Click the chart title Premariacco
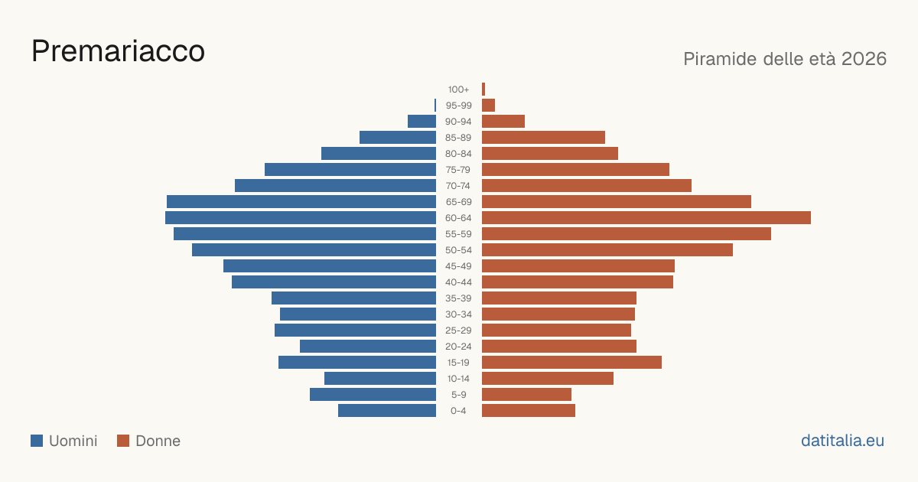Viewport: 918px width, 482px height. pos(118,51)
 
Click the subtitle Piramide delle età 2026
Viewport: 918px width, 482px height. pos(785,59)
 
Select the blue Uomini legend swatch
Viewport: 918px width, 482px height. pos(37,441)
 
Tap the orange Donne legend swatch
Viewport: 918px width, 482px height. pos(123,441)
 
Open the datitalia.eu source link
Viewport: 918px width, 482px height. pos(842,441)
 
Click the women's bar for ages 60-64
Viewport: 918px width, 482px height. pos(646,217)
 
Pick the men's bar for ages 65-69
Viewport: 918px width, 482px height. pos(301,202)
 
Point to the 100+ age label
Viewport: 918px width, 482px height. pos(458,90)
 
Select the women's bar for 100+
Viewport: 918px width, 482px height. pos(483,90)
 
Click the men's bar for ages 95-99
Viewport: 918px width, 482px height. pos(435,106)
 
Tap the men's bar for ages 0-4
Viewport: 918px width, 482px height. pos(387,411)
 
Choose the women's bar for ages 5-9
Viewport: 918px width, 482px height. pos(526,395)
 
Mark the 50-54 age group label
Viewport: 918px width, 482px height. pos(458,250)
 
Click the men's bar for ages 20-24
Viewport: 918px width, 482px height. pos(368,347)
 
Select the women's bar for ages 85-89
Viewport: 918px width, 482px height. pos(543,137)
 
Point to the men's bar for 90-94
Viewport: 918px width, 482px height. pos(422,122)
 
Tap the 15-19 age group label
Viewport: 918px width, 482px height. pos(458,363)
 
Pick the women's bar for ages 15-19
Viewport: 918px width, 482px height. pos(571,363)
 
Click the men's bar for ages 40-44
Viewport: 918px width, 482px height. pos(334,282)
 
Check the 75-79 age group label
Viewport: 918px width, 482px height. pos(458,170)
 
